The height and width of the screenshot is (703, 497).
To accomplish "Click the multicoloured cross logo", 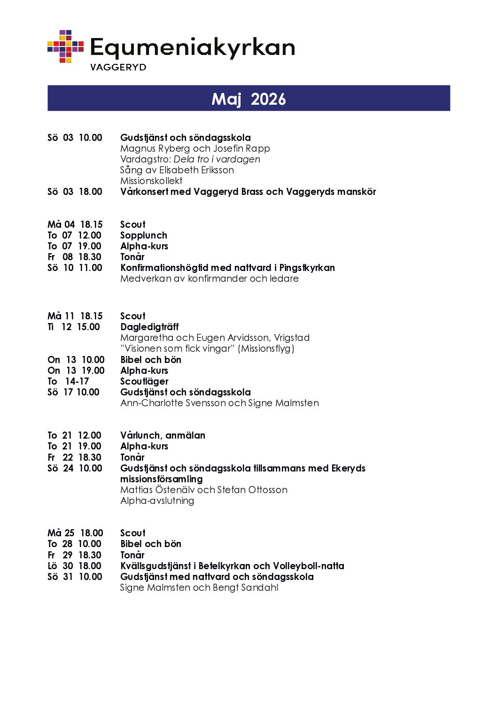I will coord(65,46).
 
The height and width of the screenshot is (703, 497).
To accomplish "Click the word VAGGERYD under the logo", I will coord(118,67).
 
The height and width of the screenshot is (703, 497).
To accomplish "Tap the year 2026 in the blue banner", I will coord(268,99).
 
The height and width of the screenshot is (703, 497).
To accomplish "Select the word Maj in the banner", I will coord(226,99).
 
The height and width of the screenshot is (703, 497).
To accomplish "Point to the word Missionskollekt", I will coord(151,181).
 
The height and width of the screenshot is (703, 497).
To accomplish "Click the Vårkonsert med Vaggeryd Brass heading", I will coord(248,192).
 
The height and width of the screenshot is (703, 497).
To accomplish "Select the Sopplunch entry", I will coord(144,235).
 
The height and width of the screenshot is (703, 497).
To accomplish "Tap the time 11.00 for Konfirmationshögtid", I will coord(90,268).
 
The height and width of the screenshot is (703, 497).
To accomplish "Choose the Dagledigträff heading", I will coord(149,327).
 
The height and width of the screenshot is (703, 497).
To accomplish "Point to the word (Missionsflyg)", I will coord(266,348).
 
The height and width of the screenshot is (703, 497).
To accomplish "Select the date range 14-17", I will coord(77,381).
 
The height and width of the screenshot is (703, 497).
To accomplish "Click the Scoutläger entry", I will coord(144,381).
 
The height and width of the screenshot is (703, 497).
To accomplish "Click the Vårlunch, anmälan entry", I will coord(163,435).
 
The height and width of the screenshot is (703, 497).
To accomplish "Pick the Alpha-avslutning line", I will coord(157,501).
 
